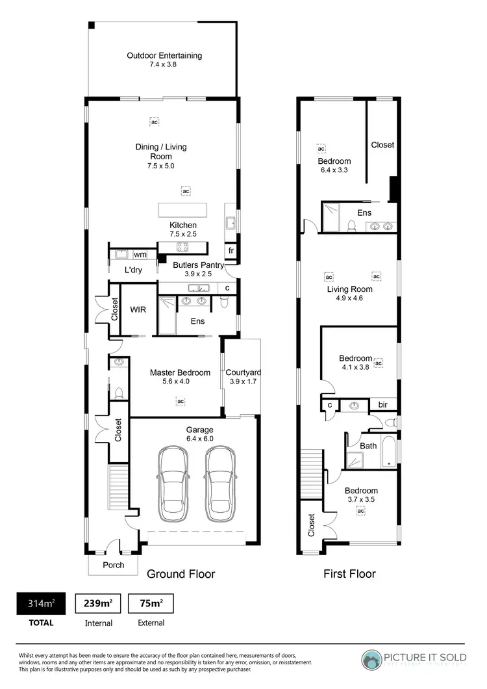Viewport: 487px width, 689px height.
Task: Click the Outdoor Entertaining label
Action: coord(164,55)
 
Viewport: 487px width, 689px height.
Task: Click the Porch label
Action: coord(114,565)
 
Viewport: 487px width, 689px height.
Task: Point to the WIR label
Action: coord(138,310)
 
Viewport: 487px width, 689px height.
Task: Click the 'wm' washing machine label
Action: coord(140,254)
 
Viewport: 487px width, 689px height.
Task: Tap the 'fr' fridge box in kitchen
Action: coord(230,250)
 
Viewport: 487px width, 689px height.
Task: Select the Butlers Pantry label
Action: coord(198,265)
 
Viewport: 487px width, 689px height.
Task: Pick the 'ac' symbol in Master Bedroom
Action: coord(181,401)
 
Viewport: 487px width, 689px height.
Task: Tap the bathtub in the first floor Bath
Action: coord(388,452)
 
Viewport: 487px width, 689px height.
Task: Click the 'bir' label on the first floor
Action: coord(383,405)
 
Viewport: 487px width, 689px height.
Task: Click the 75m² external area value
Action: coord(150,604)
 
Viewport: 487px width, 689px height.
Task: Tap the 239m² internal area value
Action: coord(99,604)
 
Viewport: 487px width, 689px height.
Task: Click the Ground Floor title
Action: coord(181,574)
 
